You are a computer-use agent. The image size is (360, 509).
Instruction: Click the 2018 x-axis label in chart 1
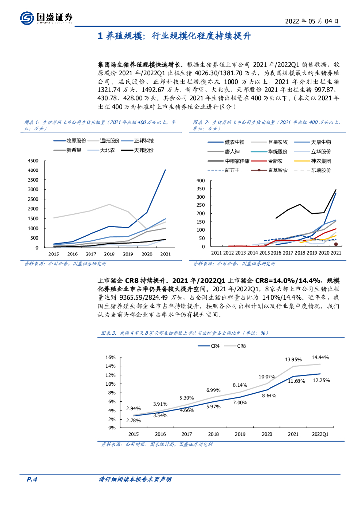(x=109, y=254)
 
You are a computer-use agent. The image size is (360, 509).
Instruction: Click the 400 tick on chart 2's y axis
(x=201, y=181)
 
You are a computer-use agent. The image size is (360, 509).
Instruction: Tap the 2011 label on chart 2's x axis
(x=216, y=253)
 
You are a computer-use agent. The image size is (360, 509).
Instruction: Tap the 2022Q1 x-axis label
(x=320, y=433)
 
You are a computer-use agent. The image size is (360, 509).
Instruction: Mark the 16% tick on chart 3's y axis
(x=111, y=357)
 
